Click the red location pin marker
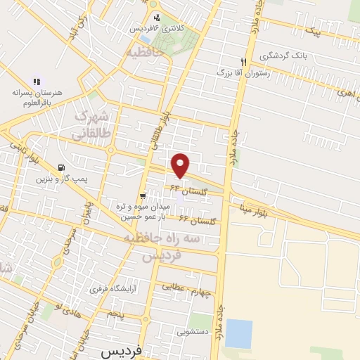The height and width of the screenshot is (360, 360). (x=181, y=165)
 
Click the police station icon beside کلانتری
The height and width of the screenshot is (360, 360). (x=155, y=18)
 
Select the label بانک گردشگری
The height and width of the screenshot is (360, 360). (x=282, y=56)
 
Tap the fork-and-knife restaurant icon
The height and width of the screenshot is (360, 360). (x=243, y=61)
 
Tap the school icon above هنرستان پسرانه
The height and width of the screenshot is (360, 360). (x=37, y=82)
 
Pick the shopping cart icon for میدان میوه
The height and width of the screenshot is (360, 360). (x=143, y=196)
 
